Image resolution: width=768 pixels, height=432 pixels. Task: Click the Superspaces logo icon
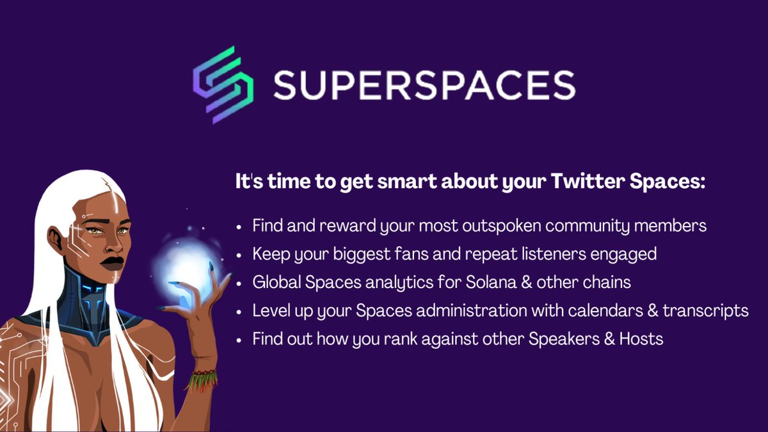(223, 84)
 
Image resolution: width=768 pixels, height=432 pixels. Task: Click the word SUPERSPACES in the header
(424, 85)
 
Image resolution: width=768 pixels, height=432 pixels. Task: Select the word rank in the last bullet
(401, 339)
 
